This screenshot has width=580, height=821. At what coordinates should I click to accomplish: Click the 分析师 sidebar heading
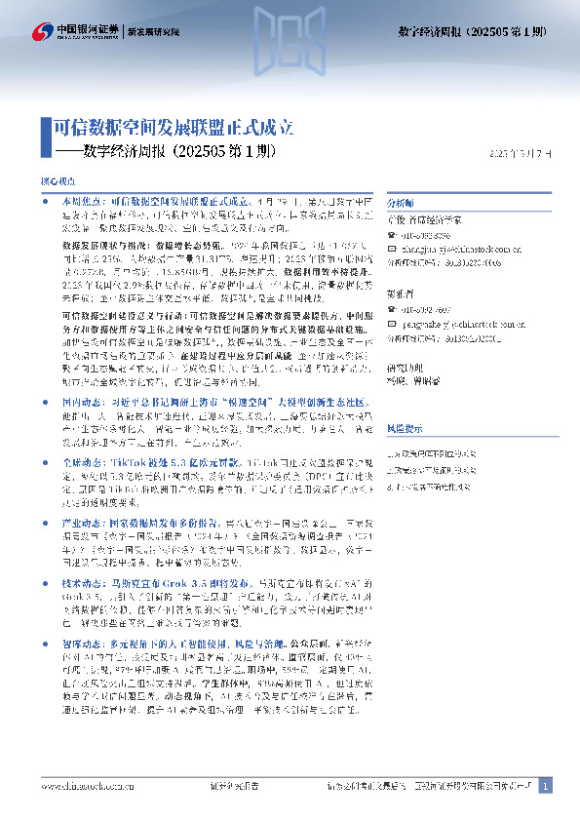pos(401,204)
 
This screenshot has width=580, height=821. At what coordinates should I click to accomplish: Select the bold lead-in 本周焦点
pos(79,199)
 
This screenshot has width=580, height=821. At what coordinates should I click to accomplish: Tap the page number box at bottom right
pos(545,786)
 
